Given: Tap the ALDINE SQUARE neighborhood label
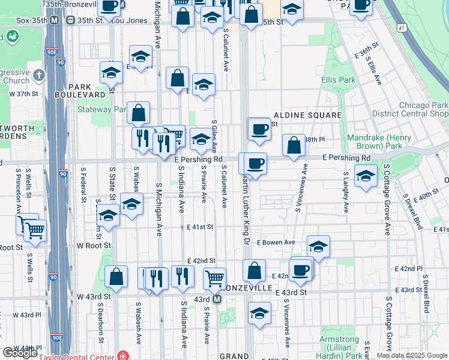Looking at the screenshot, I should [307, 115].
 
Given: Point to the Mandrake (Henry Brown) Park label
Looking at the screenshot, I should [379, 142].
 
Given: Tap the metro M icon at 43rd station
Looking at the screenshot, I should [217, 299].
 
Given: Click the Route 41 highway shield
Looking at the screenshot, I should [401, 28].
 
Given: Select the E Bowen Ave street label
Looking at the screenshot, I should [276, 242].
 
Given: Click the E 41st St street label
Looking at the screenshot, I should [200, 227].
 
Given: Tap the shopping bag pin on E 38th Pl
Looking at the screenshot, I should [294, 145].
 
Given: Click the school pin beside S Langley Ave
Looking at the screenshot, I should [366, 176].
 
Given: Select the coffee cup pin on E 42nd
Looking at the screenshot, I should [301, 269].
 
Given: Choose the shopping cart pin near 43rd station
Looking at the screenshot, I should [214, 278].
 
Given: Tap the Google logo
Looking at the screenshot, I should [20, 353].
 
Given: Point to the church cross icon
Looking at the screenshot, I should [39, 76].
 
